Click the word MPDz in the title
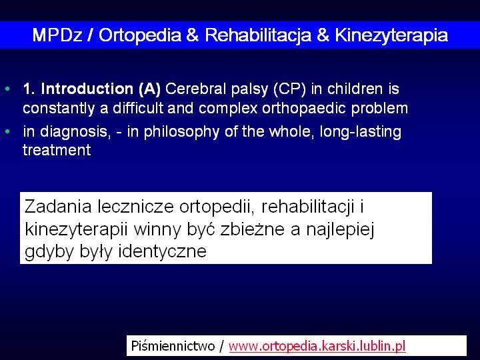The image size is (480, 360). point(57,35)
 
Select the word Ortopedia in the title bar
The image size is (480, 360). point(139,35)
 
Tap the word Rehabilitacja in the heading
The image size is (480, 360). point(258,35)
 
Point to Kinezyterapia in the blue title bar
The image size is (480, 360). point(391,35)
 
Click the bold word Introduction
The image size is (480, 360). point(87,89)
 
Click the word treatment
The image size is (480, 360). point(57,150)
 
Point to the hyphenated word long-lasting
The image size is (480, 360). point(360,132)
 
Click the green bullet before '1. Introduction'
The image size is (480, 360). point(7,89)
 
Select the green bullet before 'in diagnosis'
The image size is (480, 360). point(7,131)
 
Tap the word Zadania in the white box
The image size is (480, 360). point(58,206)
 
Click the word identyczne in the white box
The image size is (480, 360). point(162,251)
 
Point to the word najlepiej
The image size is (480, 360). point(340,229)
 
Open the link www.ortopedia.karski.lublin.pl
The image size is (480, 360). point(317,346)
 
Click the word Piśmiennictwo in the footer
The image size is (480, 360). point(173,346)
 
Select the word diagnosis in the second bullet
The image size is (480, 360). point(75,132)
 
